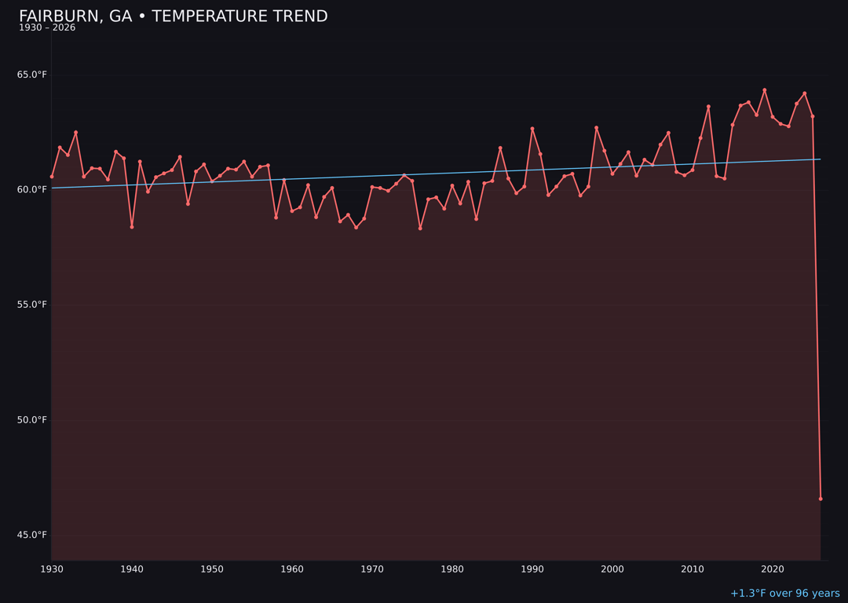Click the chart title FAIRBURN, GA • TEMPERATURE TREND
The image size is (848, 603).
pos(173,16)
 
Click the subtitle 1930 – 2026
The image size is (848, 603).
pos(47,28)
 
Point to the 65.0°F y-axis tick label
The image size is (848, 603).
pos(32,75)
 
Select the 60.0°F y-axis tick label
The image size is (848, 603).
pos(32,189)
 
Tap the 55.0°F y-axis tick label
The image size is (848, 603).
pos(32,305)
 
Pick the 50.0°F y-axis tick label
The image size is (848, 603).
pos(32,420)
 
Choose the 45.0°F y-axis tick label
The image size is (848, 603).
pos(32,535)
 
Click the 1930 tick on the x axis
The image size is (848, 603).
pos(52,569)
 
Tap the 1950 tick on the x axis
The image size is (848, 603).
pos(212,569)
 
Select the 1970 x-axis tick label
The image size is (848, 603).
pos(372,569)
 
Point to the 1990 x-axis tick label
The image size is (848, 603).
pos(532,569)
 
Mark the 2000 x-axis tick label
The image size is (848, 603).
pos(612,569)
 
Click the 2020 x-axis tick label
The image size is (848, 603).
pos(773,569)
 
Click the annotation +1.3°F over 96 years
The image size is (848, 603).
pos(784,594)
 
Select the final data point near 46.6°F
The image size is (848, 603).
pos(821,499)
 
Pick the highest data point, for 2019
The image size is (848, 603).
pos(765,90)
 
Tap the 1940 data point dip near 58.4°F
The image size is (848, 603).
pos(132,227)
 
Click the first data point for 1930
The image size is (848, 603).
pos(52,177)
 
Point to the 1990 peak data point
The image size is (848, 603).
pos(532,129)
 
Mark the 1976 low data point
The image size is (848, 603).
pos(420,228)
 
